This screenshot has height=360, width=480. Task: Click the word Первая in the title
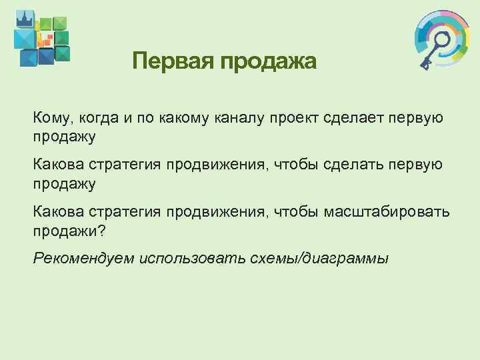click(x=171, y=62)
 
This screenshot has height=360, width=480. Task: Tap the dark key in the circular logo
click(x=433, y=50)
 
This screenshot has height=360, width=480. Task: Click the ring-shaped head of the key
click(x=440, y=39)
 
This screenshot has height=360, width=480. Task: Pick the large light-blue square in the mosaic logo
click(x=25, y=39)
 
